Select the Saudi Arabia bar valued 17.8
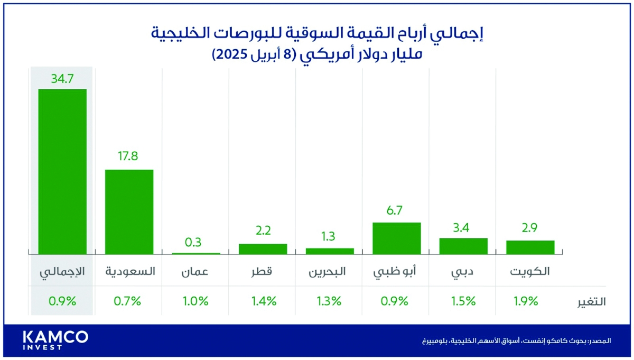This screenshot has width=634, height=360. [129, 212]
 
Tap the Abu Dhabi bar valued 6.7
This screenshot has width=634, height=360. [396, 238]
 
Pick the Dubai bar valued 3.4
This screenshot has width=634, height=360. [463, 246]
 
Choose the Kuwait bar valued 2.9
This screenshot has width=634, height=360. [530, 247]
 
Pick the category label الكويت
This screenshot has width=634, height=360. [530, 272]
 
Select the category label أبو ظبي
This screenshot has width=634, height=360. [396, 273]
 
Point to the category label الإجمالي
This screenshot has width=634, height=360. [62, 272]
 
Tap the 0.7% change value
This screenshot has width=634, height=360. [127, 301]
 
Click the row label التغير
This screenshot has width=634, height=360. [590, 301]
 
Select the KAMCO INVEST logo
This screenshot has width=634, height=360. [55, 340]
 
